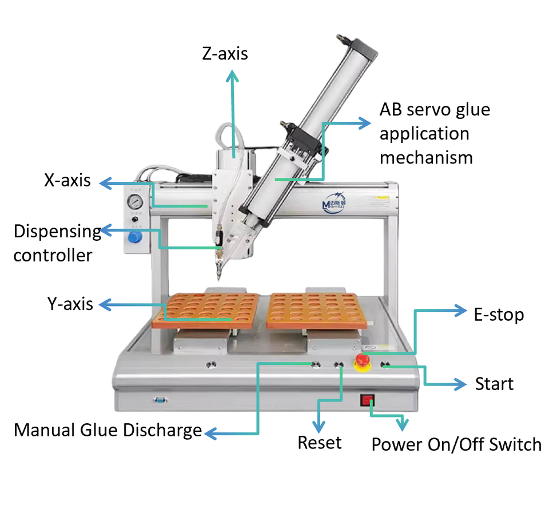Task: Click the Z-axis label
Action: [225, 54]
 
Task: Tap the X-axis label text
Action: [67, 181]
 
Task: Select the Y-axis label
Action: [70, 304]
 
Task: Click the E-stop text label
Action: [499, 314]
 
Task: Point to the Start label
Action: [494, 384]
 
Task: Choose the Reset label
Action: [320, 442]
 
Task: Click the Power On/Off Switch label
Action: [456, 444]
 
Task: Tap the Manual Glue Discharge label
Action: [108, 430]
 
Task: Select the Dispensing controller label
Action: [57, 243]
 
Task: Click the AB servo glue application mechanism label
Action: [435, 133]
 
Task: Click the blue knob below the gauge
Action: [135, 237]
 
